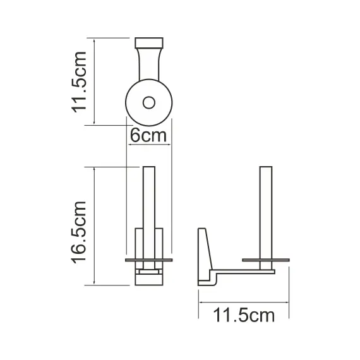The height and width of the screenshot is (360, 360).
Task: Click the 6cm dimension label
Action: pos(148,135)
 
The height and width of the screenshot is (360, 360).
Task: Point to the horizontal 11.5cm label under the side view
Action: pos(244,315)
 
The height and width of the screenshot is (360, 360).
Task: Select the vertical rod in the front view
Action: pos(149,208)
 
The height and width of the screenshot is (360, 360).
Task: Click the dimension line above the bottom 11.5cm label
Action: pos(244,301)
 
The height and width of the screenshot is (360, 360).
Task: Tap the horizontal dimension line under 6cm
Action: pos(149,145)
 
